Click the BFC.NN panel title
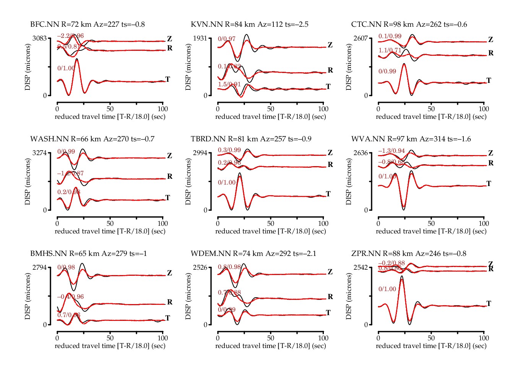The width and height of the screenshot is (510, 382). (87, 24)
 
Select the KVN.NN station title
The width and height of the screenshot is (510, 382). (249, 24)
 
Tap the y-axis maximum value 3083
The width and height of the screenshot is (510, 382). (40, 38)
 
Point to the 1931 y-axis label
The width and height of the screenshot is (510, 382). (200, 38)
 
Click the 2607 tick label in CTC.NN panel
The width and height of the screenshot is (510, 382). (361, 38)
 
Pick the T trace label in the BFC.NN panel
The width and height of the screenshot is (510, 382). (167, 79)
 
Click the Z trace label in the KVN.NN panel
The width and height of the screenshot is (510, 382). (330, 45)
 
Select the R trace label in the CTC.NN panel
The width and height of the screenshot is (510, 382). (491, 53)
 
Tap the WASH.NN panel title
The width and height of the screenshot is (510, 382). (92, 139)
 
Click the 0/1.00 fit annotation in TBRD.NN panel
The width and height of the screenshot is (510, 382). (227, 183)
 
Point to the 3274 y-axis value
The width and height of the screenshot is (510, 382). (40, 153)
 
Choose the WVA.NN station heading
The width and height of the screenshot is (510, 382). (411, 139)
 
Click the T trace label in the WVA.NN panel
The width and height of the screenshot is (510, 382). (489, 184)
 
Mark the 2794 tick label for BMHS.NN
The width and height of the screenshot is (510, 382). (40, 267)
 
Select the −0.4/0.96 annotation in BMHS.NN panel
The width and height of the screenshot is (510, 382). (70, 297)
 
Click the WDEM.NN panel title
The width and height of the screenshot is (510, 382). (253, 254)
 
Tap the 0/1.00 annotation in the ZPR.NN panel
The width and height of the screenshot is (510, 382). (387, 289)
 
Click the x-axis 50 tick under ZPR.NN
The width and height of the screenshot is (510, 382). (431, 338)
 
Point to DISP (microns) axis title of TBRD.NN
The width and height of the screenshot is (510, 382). (188, 182)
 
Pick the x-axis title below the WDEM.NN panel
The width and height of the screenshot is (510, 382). (271, 346)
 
